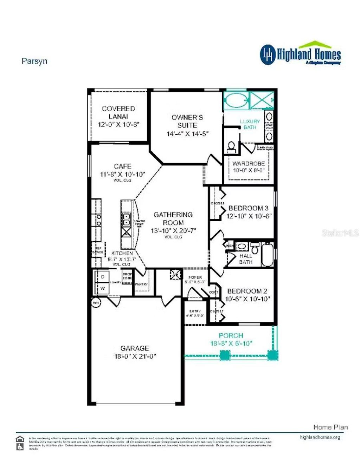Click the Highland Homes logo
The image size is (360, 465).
point(301,54)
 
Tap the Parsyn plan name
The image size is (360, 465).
point(34,61)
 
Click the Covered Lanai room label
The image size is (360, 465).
point(118,112)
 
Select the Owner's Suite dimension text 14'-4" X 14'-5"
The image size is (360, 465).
point(187,134)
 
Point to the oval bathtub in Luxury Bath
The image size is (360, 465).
point(236,100)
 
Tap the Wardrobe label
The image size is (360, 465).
point(249,164)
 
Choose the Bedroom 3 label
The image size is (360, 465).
point(248,208)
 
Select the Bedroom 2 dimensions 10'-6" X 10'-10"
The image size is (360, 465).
point(247,299)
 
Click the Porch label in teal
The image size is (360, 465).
point(231,336)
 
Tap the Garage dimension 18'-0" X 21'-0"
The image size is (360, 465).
point(135,356)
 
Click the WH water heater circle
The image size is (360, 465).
point(95,302)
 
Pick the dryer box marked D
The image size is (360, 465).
point(103,277)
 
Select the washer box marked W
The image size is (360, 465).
point(103,288)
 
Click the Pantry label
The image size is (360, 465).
point(141,284)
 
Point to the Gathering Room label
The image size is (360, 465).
point(173,218)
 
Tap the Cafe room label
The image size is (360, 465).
point(122,166)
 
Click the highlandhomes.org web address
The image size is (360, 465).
point(320,437)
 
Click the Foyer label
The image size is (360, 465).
point(195,277)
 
